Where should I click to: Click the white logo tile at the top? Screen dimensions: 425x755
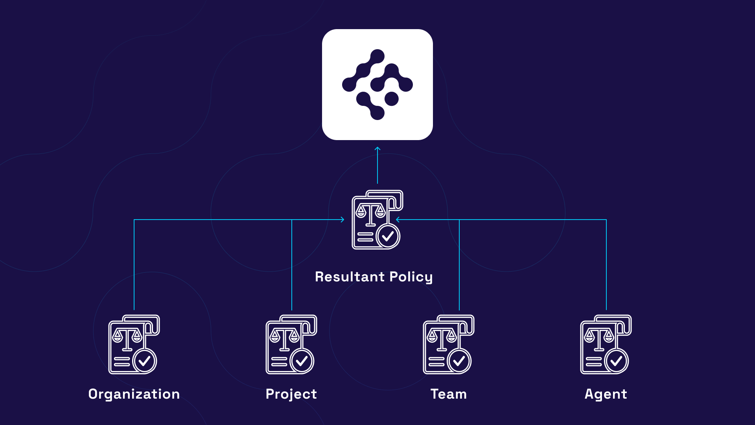pyautogui.click(x=377, y=84)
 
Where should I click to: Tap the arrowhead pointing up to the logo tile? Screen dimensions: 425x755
pyautogui.click(x=377, y=149)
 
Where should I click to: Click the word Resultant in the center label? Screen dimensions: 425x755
pyautogui.click(x=350, y=277)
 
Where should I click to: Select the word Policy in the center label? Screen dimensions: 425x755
pyautogui.click(x=411, y=277)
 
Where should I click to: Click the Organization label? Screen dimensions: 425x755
pyautogui.click(x=134, y=394)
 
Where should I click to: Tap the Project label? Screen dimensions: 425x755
pyautogui.click(x=291, y=394)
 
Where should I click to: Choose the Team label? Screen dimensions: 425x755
pyautogui.click(x=449, y=394)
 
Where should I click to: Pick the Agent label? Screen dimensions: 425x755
pyautogui.click(x=606, y=394)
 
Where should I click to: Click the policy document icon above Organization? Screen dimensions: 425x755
pyautogui.click(x=134, y=344)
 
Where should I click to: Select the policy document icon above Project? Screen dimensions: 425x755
pyautogui.click(x=291, y=344)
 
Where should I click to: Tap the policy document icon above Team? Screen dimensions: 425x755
pyautogui.click(x=448, y=344)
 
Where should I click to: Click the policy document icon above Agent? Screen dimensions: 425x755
pyautogui.click(x=606, y=344)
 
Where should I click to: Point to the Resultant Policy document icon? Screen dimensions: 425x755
pyautogui.click(x=377, y=220)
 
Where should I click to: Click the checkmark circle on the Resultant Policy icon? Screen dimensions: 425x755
pyautogui.click(x=388, y=236)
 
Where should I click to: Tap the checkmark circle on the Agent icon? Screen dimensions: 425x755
pyautogui.click(x=617, y=360)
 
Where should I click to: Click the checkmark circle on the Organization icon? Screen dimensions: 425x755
pyautogui.click(x=145, y=360)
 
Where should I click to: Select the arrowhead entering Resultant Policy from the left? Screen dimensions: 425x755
pyautogui.click(x=343, y=220)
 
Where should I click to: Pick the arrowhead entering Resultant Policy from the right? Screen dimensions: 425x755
pyautogui.click(x=398, y=220)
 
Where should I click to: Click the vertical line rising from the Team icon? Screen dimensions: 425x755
pyautogui.click(x=459, y=268)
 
